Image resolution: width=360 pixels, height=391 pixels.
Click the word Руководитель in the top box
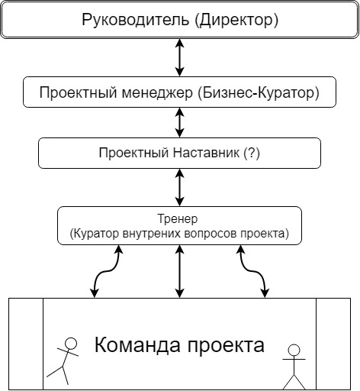coord(136,20)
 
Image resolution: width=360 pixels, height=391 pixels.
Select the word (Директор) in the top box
coord(236,20)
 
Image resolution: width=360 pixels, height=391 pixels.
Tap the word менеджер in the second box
coord(157,92)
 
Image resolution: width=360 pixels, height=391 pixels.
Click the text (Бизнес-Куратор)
coord(259,92)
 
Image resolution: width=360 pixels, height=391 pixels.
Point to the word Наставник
coord(206,153)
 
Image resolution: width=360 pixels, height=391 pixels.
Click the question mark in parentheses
coord(252,153)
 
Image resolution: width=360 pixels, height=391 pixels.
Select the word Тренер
coord(178,219)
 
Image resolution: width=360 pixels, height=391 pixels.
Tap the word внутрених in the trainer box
coord(152,234)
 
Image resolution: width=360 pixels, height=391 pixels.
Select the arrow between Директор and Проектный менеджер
coord(180,57)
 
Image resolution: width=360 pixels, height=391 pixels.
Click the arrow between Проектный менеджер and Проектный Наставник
coord(180,123)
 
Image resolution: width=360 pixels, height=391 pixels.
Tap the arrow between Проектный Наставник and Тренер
coord(180,187)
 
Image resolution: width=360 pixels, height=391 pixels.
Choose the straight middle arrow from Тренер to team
coord(180,271)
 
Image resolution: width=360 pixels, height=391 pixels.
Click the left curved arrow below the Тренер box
coord(107,271)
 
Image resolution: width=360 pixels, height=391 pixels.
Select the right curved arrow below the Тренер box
coord(253,271)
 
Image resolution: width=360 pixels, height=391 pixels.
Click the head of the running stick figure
coord(71,344)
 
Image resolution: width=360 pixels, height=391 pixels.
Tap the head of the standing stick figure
coord(294,351)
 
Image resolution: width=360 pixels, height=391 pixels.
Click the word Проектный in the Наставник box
coord(134,153)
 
